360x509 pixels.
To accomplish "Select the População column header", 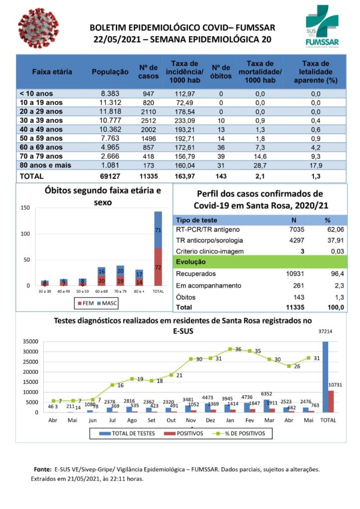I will coord(110,72).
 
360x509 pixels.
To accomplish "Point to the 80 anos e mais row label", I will coord(45,165).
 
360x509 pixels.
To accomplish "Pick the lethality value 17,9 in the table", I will coord(315,165).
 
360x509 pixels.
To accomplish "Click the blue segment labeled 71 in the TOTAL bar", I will coord(158,230).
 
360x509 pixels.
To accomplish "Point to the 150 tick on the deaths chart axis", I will coord(24,208).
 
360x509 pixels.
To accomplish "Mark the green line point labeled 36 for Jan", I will coord(230,349).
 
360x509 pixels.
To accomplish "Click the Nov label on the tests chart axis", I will coord(190,420).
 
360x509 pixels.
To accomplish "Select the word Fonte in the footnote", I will coord(42,469).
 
